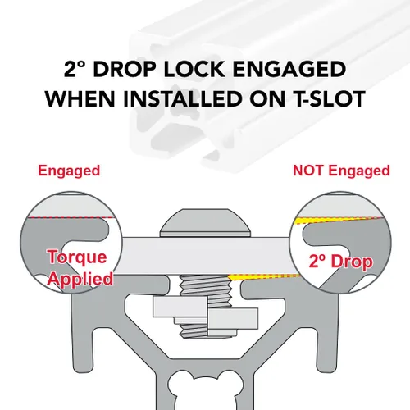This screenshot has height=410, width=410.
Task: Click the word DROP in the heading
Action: pos(125,69)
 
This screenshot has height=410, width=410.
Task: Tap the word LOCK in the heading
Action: pos(194,69)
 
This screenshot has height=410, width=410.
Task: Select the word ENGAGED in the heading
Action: pos(289,69)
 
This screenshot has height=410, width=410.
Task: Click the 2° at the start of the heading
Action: pos(75,69)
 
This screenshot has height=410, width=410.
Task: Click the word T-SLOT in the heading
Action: pos(326,98)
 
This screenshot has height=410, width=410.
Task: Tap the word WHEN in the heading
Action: pos(80,98)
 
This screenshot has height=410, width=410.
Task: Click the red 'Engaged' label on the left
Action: pos(69,171)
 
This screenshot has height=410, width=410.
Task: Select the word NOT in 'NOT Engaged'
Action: pos(308,171)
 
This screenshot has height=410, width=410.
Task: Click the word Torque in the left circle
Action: pos(77,257)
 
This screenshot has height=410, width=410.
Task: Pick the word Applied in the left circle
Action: pos(81,279)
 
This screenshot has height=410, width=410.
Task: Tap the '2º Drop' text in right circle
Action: pos(341,262)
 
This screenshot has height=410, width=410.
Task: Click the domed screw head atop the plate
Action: pos(205,222)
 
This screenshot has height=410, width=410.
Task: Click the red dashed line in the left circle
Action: pos(71,218)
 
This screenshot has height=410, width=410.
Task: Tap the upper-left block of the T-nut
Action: pos(180,307)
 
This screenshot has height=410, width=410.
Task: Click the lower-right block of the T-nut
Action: pos(233,318)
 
